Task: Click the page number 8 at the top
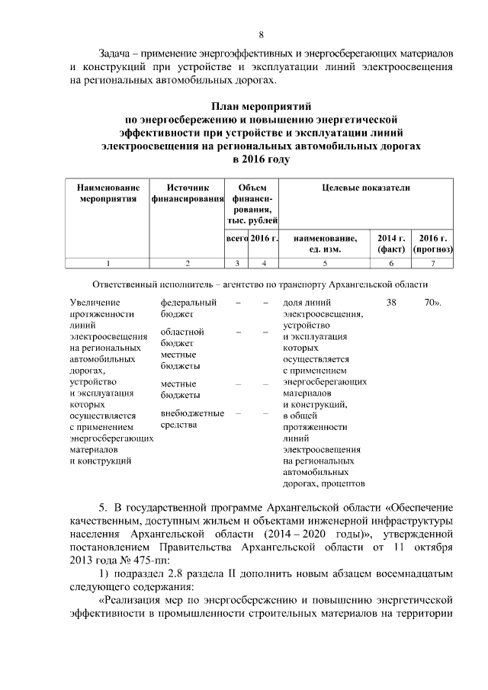click(x=261, y=35)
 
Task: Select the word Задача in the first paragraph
click(x=120, y=53)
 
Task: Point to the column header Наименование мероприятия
click(x=108, y=194)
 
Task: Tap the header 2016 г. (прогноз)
click(x=432, y=243)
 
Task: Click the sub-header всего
click(x=238, y=239)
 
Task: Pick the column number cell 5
click(x=324, y=263)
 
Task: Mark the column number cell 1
click(x=108, y=263)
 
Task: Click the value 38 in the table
click(x=392, y=303)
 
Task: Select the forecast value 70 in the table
click(x=429, y=303)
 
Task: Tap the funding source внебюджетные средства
click(x=192, y=419)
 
